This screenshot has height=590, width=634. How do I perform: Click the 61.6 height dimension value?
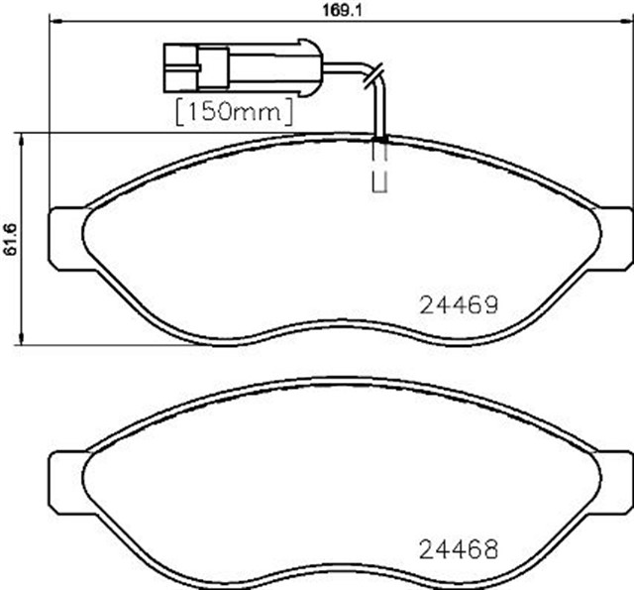[11, 238]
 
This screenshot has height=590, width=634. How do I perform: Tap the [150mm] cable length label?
[235, 111]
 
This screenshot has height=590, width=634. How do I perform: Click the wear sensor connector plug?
[197, 67]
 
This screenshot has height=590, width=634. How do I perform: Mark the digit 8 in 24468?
[486, 547]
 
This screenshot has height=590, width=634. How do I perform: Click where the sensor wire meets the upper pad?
[380, 138]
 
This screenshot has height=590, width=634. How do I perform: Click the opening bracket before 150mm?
[179, 111]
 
